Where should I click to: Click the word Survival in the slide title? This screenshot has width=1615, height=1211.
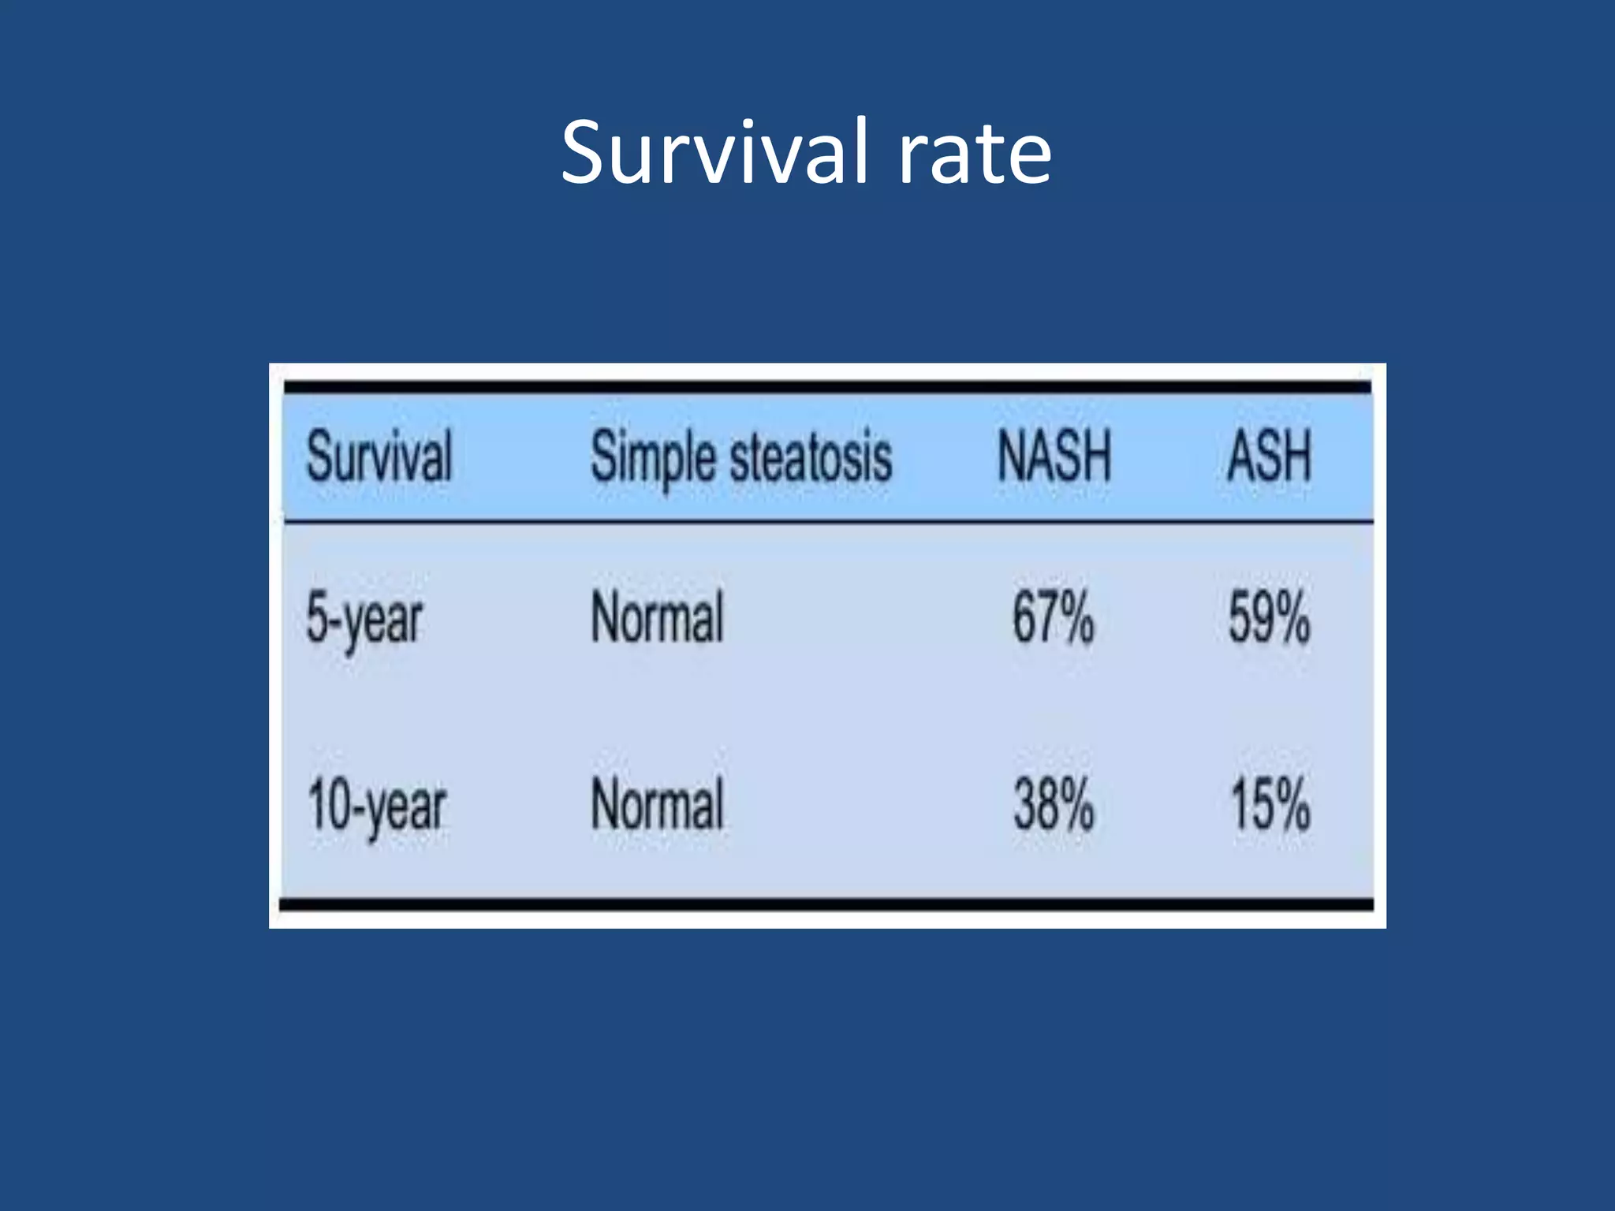click(x=714, y=151)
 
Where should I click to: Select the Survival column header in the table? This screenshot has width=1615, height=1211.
click(x=379, y=456)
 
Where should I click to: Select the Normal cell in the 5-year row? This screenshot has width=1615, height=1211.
click(x=657, y=618)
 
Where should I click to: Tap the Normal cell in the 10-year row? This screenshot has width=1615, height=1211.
click(x=657, y=804)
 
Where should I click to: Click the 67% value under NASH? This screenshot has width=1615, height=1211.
click(x=1054, y=618)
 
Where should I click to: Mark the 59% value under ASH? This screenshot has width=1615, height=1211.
click(x=1269, y=618)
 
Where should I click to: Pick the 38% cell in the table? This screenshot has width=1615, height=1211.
click(x=1054, y=804)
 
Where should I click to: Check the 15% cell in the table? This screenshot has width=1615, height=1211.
click(x=1270, y=804)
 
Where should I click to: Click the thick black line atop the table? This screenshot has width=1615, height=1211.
click(x=828, y=387)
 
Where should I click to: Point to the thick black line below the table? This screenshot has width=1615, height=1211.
click(x=828, y=904)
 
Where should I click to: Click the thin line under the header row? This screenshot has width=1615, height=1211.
click(x=828, y=521)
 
